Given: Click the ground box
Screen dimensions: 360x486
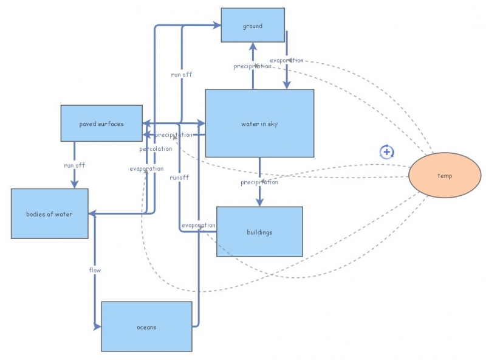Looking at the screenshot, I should [x=252, y=26].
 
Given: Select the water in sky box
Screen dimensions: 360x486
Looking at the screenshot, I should [x=259, y=123].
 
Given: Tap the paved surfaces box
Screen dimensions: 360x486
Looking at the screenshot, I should [x=101, y=123].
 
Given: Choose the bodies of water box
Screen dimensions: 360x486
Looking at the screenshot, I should [x=49, y=213].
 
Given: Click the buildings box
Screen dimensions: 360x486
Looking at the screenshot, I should [x=259, y=232].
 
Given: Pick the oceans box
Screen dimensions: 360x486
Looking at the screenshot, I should [x=146, y=327].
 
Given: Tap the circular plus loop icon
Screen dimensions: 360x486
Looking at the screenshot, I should [x=387, y=152].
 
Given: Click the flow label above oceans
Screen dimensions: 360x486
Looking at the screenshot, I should [x=95, y=269].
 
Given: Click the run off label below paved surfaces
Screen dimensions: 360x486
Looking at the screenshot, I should [x=74, y=165].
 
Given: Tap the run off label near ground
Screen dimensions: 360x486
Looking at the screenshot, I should [x=182, y=75].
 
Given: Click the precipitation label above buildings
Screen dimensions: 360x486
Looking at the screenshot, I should [x=259, y=182].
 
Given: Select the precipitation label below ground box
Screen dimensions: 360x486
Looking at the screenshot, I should [x=253, y=66].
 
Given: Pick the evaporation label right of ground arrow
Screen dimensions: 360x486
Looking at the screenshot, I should [x=286, y=60].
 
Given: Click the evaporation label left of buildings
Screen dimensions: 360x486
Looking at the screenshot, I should [x=198, y=225].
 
